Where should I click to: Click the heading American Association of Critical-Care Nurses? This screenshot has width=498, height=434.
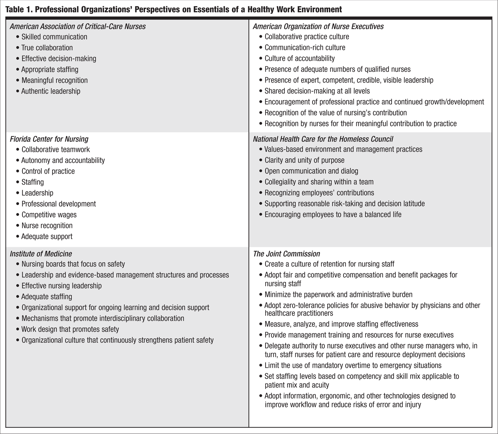coord(78,27)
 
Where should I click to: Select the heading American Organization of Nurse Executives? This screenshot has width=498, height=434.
coord(318,27)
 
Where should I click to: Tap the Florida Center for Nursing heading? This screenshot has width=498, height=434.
coord(49,139)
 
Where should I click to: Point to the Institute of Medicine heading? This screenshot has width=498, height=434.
coord(41,254)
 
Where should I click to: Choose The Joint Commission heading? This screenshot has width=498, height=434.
coord(286,254)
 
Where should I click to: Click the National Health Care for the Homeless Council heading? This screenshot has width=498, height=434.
coord(323,139)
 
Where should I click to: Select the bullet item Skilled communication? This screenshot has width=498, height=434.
coord(54,37)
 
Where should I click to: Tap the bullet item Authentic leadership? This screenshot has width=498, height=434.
coord(51,91)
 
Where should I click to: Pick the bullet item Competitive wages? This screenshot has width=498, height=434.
coord(49,215)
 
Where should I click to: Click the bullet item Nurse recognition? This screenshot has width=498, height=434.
coord(47,226)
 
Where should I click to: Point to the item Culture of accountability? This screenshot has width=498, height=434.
coord(300,59)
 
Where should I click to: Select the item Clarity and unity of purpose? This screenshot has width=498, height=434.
coord(304,160)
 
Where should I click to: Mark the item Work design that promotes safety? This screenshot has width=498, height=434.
coord(70,329)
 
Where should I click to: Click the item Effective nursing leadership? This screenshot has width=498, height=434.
coord(61,286)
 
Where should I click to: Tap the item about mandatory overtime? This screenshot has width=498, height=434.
coord(353,366)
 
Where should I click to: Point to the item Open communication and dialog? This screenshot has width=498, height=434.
coord(311,171)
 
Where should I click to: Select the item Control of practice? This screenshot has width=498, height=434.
coord(48,171)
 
